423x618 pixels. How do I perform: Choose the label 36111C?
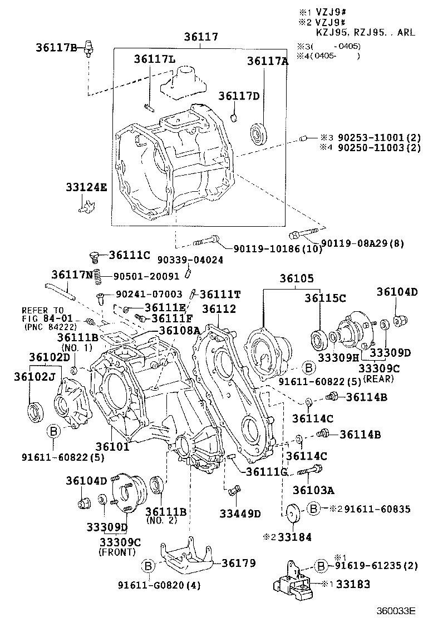(130, 255)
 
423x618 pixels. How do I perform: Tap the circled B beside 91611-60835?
(314, 508)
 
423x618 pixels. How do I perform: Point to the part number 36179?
(239, 563)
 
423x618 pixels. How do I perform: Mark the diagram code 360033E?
(395, 610)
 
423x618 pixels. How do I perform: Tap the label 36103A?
(313, 491)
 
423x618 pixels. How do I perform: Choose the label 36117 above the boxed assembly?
(201, 37)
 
